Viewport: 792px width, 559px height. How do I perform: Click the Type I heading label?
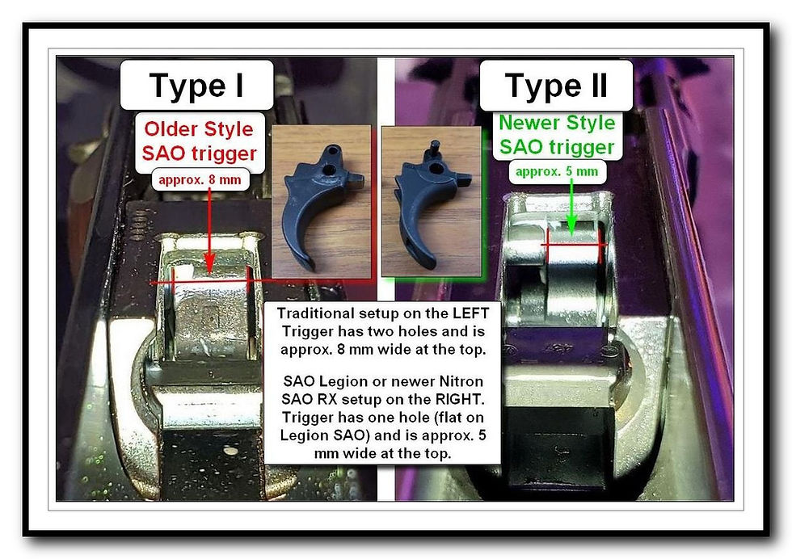point(196,85)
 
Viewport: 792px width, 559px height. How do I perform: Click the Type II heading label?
point(556,85)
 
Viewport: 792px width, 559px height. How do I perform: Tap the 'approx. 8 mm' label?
point(200,179)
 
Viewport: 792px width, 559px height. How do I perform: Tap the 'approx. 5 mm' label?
point(557,171)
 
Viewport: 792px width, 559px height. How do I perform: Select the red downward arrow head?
point(209,264)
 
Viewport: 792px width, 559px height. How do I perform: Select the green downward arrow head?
point(571,223)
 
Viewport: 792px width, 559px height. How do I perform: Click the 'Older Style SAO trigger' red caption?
point(200,141)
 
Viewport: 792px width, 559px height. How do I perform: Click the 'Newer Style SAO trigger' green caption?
point(557,135)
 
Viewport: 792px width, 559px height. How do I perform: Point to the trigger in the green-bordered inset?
point(428,202)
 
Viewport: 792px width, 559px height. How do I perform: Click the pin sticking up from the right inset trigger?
point(433,149)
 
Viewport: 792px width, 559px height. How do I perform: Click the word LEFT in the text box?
point(470,313)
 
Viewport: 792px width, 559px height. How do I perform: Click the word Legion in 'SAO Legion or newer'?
point(342,381)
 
